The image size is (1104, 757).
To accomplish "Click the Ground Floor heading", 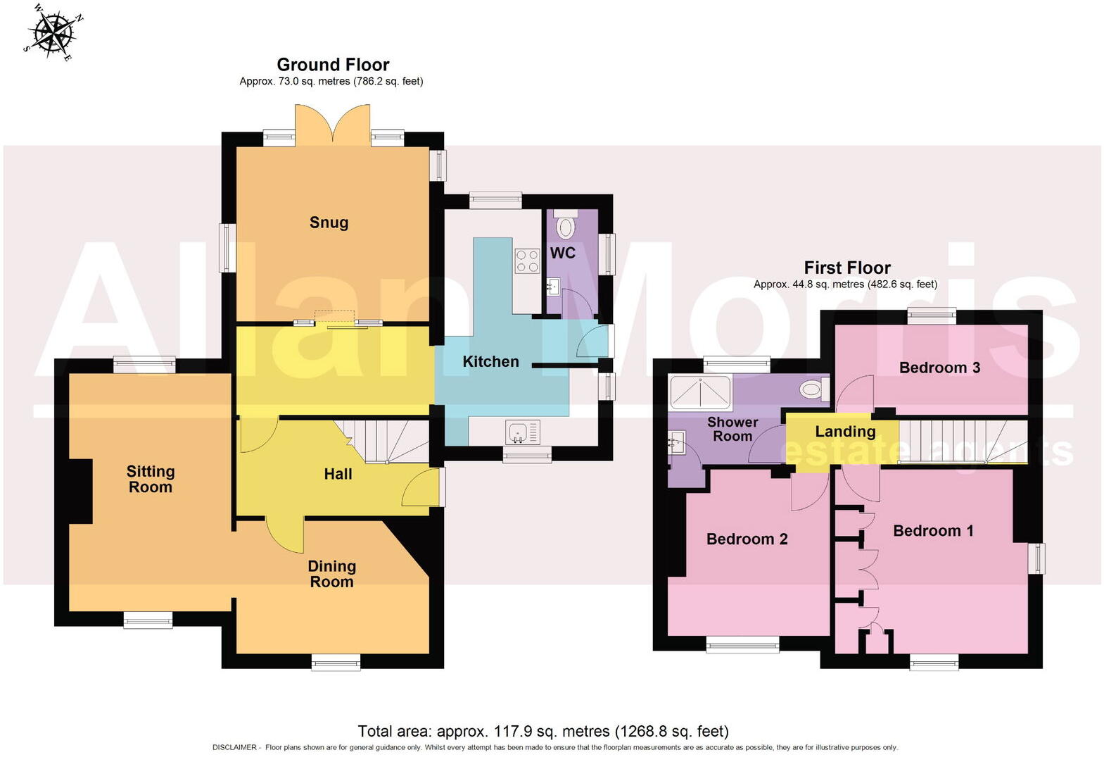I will coord(333,65).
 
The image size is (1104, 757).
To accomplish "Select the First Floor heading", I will coord(847,268).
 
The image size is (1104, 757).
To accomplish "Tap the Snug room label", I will coord(329,223).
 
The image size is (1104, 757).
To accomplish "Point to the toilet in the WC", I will coord(565,227).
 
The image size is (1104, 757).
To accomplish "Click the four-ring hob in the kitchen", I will coord(527,261).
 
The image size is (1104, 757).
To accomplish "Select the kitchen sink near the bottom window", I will coord(521,431).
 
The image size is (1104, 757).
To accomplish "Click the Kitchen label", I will coord(490,361).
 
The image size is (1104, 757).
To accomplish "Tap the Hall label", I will coord(338,474).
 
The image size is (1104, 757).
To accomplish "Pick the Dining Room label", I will coord(331,574).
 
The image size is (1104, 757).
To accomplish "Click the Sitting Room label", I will coord(150,479).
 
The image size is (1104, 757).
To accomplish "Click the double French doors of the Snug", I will coord(333,125).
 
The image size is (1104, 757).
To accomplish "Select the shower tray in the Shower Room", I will coord(700,392).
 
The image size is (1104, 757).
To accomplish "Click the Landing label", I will coord(845,432).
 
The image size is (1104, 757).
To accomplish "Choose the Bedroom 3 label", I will coord(939,368).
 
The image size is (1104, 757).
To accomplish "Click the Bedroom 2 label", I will coord(747,539).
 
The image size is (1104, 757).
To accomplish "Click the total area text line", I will coord(543,731).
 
